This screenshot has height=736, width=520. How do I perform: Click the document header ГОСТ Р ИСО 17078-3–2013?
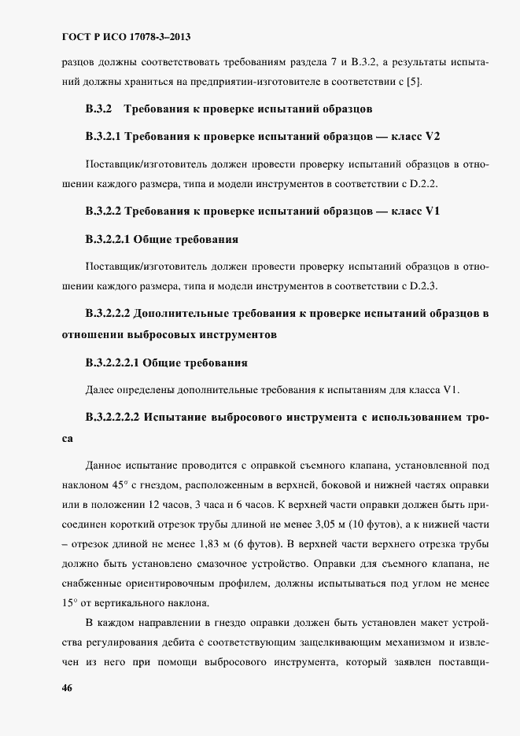(127, 37)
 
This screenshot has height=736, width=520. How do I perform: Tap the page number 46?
(68, 686)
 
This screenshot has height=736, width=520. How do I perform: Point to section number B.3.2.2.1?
(109, 237)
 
